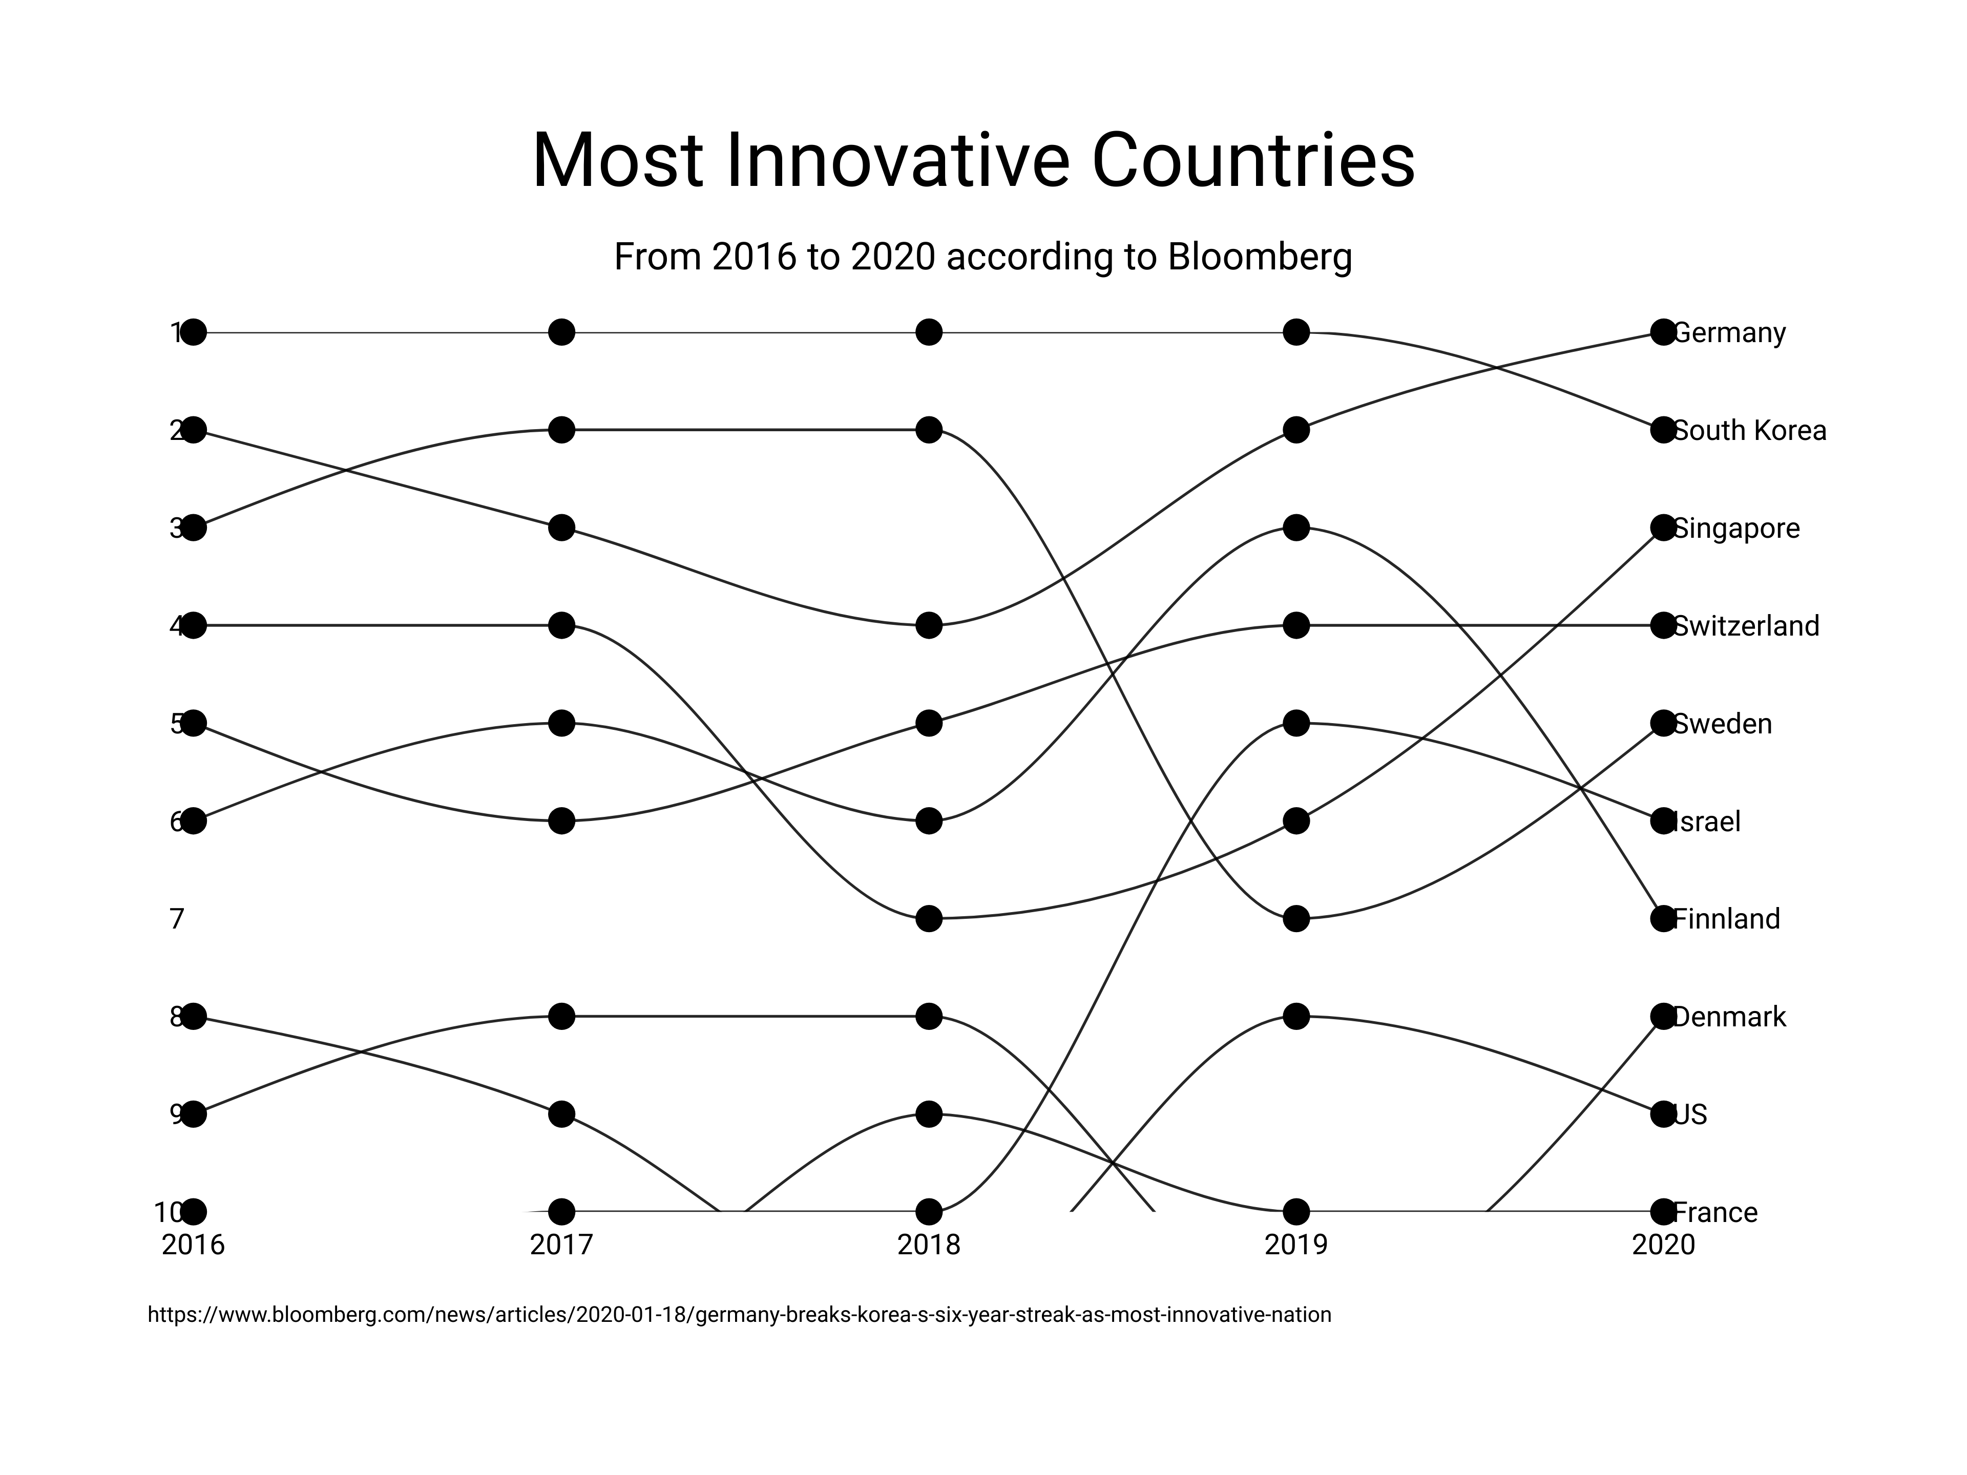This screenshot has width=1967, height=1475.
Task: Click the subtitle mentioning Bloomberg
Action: (982, 257)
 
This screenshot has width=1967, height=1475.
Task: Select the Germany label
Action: (1729, 332)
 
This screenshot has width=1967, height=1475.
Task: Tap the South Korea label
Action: (1749, 430)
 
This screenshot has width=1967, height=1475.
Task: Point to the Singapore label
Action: (1736, 528)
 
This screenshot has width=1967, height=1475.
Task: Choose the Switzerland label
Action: (1746, 626)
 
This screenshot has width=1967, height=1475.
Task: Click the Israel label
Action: (1706, 821)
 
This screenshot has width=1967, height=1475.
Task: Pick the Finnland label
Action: (1726, 918)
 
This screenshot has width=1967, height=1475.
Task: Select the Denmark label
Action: (1729, 1016)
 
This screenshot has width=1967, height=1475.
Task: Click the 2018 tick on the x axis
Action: (928, 1245)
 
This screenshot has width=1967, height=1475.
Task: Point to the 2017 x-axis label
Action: (561, 1245)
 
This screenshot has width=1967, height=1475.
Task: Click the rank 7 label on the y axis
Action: (177, 918)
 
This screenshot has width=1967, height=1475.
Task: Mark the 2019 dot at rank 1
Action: (1296, 332)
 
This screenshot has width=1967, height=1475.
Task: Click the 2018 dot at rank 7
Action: (928, 918)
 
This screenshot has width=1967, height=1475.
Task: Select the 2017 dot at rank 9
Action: (561, 1114)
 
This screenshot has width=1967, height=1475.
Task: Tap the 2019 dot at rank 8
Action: (1296, 1016)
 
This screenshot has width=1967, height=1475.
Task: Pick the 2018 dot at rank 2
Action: (928, 430)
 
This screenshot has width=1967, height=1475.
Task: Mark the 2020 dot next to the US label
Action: (1663, 1114)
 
